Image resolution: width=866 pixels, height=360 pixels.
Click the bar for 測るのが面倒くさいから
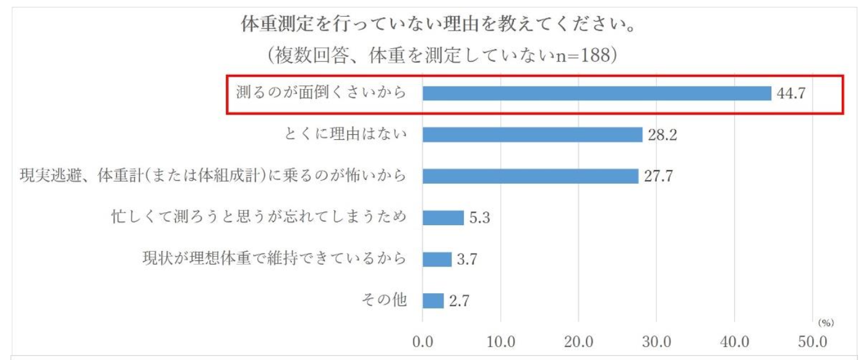coord(596,93)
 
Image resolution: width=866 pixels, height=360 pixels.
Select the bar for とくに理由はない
coord(532,135)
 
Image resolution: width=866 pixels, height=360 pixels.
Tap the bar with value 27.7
coord(530,176)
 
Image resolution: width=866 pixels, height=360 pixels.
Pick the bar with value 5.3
coord(443,218)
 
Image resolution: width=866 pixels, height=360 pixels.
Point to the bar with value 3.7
coord(437,259)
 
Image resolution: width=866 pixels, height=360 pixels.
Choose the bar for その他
coord(433,301)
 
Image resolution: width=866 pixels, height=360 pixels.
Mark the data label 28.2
coord(662,135)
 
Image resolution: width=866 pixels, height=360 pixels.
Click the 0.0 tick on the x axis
coord(422,341)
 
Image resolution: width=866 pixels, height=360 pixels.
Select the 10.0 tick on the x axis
coord(500,341)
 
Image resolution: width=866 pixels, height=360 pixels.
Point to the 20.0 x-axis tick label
coord(578,341)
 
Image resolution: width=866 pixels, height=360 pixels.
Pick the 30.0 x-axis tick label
coord(656,341)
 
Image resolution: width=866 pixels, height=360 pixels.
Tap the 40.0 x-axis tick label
coord(734,341)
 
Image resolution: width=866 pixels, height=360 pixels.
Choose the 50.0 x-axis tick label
coord(812,341)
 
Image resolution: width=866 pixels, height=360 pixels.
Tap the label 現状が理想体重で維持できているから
coord(275,259)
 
